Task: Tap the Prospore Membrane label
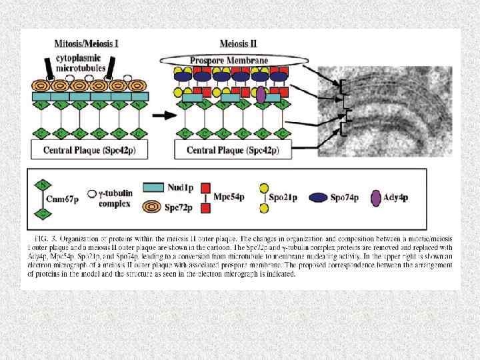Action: pos(229,61)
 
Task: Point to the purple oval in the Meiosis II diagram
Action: pos(261,97)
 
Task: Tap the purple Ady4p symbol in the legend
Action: pos(377,197)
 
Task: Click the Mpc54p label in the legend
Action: pos(231,197)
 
